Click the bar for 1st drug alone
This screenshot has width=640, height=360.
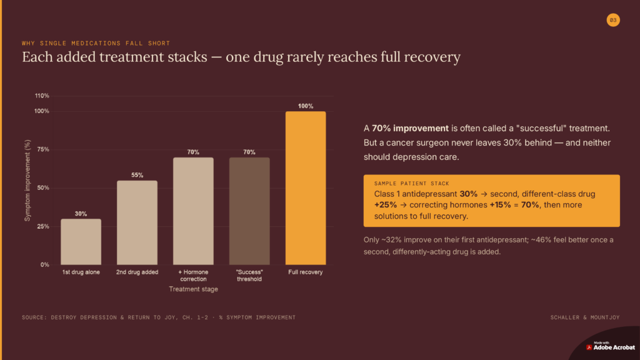point(81,242)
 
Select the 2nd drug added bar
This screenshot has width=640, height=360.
point(137,222)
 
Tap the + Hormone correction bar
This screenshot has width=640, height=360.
point(193,211)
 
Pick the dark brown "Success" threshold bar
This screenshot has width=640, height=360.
point(249,211)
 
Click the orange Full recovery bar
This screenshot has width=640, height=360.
point(306,188)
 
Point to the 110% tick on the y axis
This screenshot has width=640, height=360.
point(42,96)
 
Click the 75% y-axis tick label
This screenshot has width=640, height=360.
point(43,149)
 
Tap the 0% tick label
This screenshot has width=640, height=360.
point(45,264)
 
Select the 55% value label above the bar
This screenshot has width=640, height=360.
point(137,175)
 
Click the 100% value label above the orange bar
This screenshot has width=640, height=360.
point(306,106)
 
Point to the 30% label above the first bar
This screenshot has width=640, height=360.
point(81,214)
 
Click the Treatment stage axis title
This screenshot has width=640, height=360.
point(194,289)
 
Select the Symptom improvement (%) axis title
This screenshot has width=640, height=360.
point(27,181)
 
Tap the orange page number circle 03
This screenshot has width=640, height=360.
point(613,20)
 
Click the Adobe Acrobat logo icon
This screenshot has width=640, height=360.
point(589,347)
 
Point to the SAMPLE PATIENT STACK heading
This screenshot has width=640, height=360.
point(411,184)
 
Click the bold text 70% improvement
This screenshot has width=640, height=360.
point(410,128)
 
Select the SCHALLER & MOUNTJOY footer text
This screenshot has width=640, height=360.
point(585,317)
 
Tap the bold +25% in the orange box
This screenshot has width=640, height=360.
point(385,205)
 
